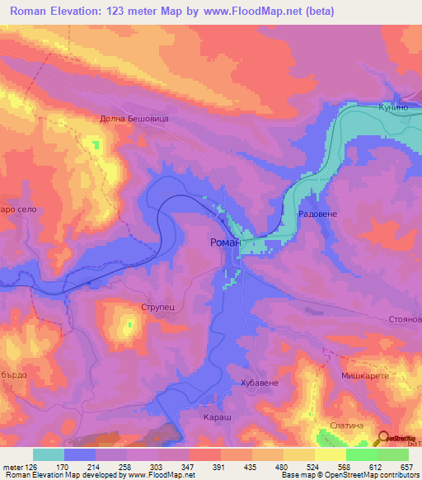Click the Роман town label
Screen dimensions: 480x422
[x=225, y=242]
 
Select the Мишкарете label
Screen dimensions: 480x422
[x=365, y=375]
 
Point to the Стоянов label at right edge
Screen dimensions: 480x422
[x=403, y=319]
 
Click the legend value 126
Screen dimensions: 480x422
[x=32, y=466]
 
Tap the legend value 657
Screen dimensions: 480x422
[x=406, y=466]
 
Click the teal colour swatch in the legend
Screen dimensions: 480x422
[x=48, y=454]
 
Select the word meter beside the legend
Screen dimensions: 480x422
[x=12, y=466]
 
